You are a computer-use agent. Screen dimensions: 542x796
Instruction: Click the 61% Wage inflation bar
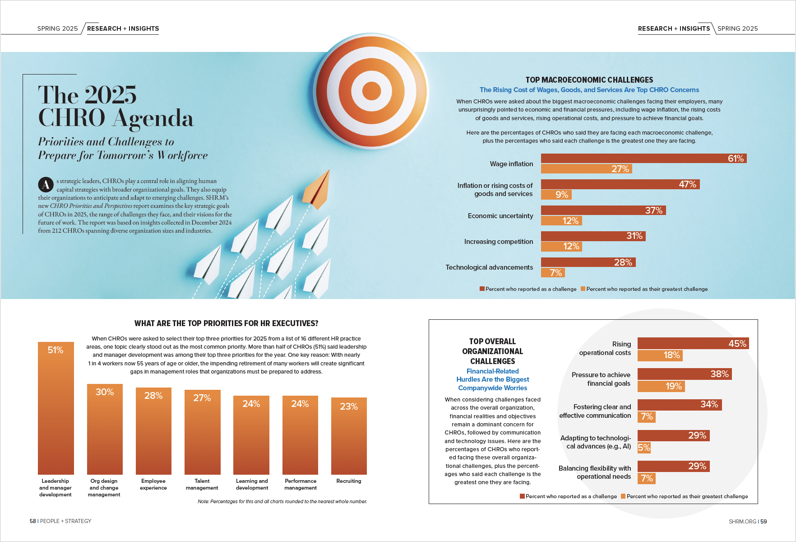(643, 159)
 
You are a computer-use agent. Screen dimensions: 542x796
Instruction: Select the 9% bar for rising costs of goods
(556, 195)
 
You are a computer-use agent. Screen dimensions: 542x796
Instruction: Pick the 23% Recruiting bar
(349, 436)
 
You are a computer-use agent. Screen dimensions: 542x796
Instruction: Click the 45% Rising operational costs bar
(693, 343)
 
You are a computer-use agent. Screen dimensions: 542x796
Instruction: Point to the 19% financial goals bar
(661, 386)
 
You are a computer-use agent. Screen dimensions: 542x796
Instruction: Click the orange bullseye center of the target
(371, 90)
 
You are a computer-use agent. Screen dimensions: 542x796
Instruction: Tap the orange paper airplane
(317, 190)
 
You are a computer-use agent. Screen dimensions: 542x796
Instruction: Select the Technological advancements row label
(489, 267)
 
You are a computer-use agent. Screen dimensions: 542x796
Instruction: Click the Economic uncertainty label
(500, 216)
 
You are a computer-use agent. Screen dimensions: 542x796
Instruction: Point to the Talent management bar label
(202, 484)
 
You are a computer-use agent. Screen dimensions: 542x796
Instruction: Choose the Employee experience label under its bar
(153, 484)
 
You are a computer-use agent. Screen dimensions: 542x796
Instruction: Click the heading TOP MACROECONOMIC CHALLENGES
(589, 80)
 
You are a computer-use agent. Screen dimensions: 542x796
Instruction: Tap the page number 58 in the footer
(32, 521)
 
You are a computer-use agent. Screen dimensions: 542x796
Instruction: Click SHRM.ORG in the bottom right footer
(742, 522)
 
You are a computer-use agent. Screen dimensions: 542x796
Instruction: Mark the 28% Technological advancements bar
(588, 262)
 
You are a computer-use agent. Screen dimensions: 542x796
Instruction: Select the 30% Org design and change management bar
(105, 429)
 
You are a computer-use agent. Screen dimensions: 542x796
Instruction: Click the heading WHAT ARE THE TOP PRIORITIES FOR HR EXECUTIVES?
(226, 323)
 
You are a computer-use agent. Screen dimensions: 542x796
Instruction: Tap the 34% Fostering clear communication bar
(679, 405)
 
